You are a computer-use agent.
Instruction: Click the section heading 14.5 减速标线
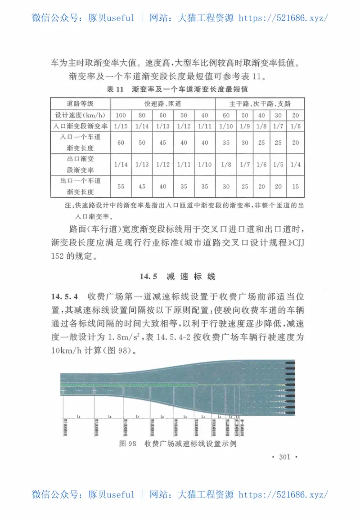click(x=179, y=276)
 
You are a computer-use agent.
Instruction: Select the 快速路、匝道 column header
click(x=162, y=103)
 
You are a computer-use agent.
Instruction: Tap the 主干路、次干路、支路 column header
click(x=260, y=103)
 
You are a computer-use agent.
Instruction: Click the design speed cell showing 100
click(x=121, y=115)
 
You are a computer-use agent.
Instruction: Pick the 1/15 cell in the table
click(x=121, y=126)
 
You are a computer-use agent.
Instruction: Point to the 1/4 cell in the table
click(x=295, y=165)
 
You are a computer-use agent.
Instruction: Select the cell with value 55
click(x=121, y=186)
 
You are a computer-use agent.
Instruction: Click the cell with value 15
click(x=295, y=186)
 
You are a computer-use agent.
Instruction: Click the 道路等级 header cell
click(x=81, y=103)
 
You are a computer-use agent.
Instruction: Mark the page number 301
click(x=285, y=457)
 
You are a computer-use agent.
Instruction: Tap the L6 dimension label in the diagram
click(x=161, y=417)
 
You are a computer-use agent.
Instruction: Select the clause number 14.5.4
click(x=66, y=297)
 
